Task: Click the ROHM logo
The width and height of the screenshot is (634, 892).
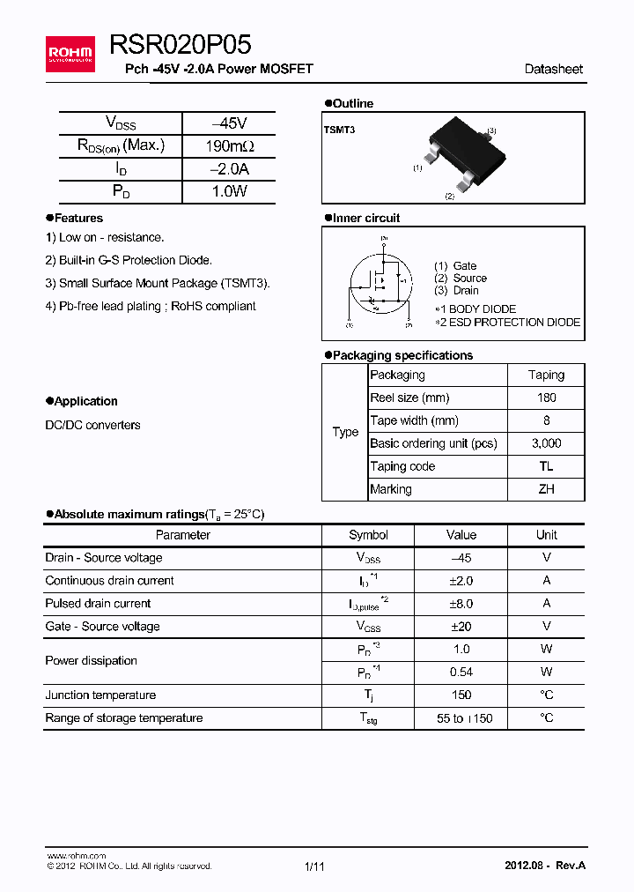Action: coord(70,54)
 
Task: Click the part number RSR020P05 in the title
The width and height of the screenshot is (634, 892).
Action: coord(181,45)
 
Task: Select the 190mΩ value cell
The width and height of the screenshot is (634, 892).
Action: coord(229,146)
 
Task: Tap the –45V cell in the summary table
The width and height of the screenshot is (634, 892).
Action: coord(229,123)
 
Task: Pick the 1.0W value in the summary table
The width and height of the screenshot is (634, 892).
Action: coord(229,191)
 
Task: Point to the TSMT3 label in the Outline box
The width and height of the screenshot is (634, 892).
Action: coord(339,130)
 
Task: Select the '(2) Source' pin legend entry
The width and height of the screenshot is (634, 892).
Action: coord(461,278)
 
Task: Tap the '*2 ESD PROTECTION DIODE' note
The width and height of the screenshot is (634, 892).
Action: coord(508,323)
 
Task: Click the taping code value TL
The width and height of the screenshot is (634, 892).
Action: coord(546,466)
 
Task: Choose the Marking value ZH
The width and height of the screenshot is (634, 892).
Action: coord(546,489)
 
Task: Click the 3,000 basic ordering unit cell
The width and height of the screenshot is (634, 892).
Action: coord(546,443)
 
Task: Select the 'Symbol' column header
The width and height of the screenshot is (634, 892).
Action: coord(368,535)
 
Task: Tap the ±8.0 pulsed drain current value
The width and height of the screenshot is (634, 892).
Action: coord(461,604)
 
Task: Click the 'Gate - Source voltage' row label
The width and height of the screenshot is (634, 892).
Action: coord(102,627)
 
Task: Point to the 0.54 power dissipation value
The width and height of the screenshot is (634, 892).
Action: coord(461,673)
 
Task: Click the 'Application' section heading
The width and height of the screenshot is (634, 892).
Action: coord(85,401)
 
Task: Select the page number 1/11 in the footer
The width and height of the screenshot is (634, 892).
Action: coord(314,866)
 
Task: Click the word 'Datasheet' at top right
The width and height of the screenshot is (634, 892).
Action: coord(553,69)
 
